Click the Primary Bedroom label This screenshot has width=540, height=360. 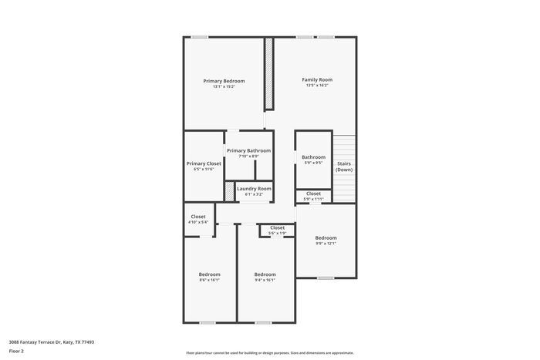coord(224,81)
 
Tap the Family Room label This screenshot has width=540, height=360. coord(317,79)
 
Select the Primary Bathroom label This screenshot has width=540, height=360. coord(248,150)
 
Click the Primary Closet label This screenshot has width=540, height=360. coord(204,163)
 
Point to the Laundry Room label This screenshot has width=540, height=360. coord(254,189)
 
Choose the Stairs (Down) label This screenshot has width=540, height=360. coord(344,166)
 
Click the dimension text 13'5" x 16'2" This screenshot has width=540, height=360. coord(317,86)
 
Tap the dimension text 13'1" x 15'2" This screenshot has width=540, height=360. coord(224,86)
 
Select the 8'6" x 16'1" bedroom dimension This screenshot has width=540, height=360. coord(209,280)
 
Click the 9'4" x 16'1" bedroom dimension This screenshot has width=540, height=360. coord(265,280)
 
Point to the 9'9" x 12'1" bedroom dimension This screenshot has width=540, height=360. coord(326,244)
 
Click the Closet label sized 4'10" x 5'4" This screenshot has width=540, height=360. coord(198,217)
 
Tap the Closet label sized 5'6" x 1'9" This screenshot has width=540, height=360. coord(277,227)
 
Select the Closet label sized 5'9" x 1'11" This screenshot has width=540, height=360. coord(313,193)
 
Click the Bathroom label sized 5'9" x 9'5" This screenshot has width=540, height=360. coord(313,157)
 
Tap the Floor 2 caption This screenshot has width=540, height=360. coord(16,351)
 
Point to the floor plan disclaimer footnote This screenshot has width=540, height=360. coord(269,351)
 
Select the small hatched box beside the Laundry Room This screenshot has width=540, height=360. coord(229,190)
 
